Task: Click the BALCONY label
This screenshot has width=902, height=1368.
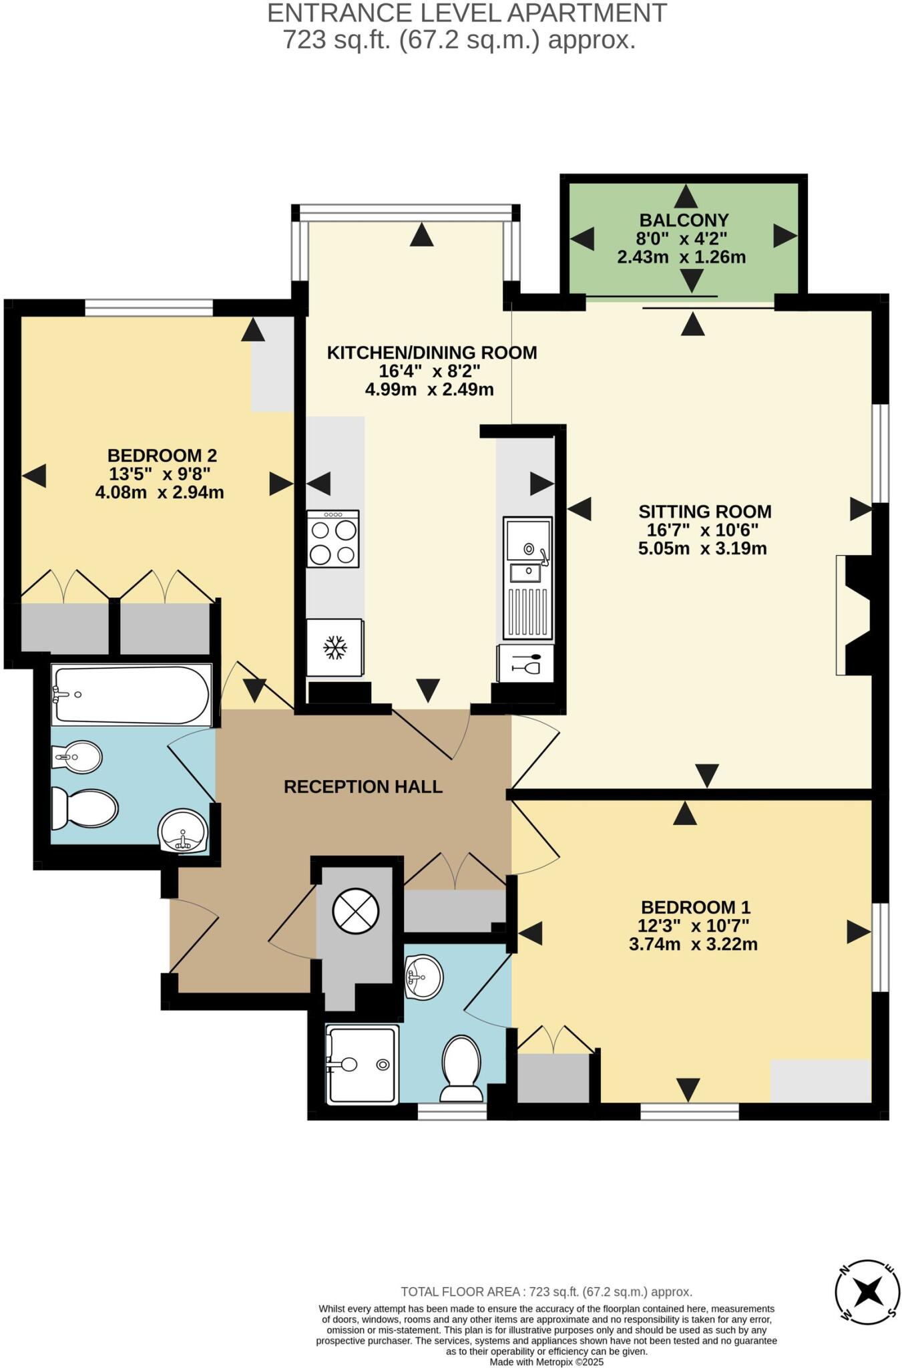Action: tap(684, 220)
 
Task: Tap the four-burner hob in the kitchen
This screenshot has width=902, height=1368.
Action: tap(333, 538)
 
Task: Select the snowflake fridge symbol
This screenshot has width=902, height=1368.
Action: tap(335, 647)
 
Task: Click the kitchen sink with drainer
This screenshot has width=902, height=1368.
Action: tap(527, 578)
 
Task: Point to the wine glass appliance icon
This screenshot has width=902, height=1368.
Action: tap(525, 663)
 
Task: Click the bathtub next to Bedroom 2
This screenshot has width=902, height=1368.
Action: tap(132, 695)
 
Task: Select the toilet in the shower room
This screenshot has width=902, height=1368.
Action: tap(461, 1067)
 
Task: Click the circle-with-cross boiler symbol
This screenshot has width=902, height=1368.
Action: tap(356, 910)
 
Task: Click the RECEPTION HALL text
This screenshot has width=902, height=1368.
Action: tap(363, 787)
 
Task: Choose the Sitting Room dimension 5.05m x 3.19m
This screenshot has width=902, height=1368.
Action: tap(702, 549)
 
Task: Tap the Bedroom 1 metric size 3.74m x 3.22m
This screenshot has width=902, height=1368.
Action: tap(693, 945)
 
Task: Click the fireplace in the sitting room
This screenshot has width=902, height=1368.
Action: tap(855, 616)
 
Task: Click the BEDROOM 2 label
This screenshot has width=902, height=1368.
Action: tap(162, 456)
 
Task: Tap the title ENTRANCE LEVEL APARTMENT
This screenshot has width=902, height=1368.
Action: tap(467, 13)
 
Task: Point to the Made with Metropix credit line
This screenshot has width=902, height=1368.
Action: tap(546, 1361)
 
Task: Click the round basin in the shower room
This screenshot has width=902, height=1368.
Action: tap(423, 977)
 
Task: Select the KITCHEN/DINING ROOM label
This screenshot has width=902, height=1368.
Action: tap(431, 353)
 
